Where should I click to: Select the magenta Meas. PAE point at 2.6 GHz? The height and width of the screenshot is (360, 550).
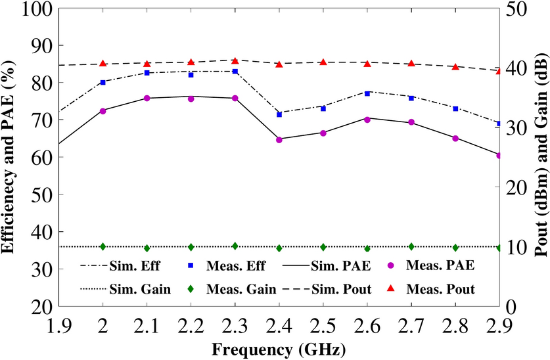coord(367,120)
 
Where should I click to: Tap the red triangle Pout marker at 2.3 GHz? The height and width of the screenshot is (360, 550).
coord(235,60)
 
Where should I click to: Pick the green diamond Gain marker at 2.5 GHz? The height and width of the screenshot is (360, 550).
coord(323,247)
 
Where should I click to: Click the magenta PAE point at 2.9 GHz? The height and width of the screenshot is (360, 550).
coord(499,156)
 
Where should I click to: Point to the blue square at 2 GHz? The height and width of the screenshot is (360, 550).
coord(103,83)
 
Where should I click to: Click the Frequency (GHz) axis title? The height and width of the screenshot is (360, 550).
coord(279,347)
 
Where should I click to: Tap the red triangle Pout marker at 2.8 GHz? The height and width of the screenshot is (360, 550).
coord(455,66)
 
